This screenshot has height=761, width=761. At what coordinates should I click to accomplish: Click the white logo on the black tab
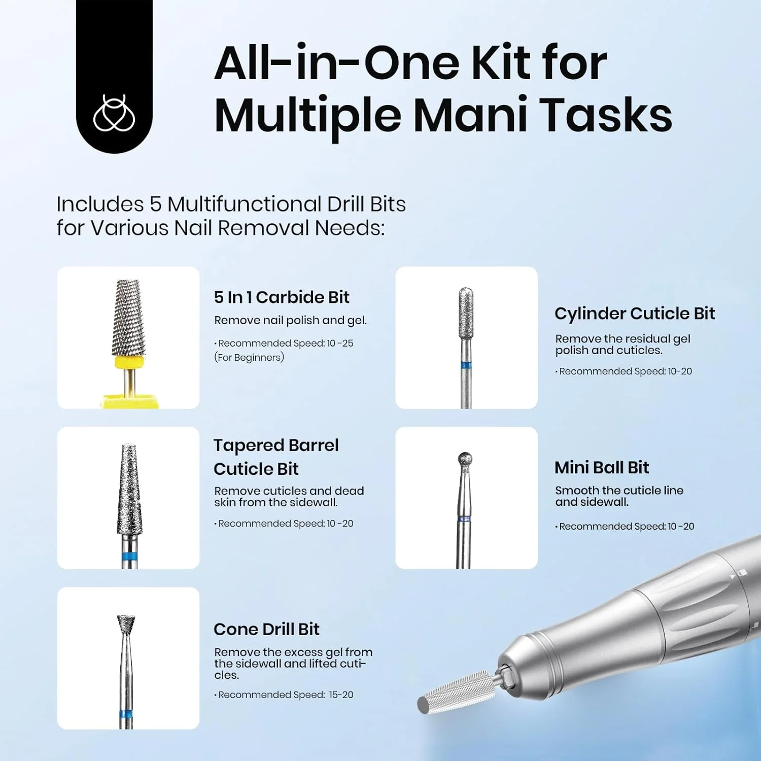[x=114, y=113]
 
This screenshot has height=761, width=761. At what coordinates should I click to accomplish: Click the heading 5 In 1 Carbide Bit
[x=282, y=297]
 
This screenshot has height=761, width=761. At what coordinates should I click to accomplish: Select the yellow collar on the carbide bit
[x=129, y=362]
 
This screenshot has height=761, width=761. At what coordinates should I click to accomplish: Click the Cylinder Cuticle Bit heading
[x=634, y=314]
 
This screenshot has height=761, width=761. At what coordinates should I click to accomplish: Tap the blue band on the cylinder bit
[x=466, y=365]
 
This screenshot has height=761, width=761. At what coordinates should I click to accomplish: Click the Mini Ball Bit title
[x=601, y=467]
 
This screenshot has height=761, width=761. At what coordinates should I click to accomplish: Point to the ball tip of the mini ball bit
[x=465, y=459]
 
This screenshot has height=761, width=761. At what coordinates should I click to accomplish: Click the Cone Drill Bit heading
[x=266, y=629]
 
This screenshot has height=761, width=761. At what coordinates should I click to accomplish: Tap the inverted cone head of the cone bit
[x=126, y=624]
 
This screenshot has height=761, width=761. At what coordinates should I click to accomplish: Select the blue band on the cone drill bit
[x=126, y=715]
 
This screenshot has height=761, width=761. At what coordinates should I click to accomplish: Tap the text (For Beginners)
[x=249, y=358]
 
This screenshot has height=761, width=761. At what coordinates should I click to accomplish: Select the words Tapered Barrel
[x=276, y=445]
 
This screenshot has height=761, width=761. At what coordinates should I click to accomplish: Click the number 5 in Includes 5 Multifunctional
[x=155, y=204]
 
